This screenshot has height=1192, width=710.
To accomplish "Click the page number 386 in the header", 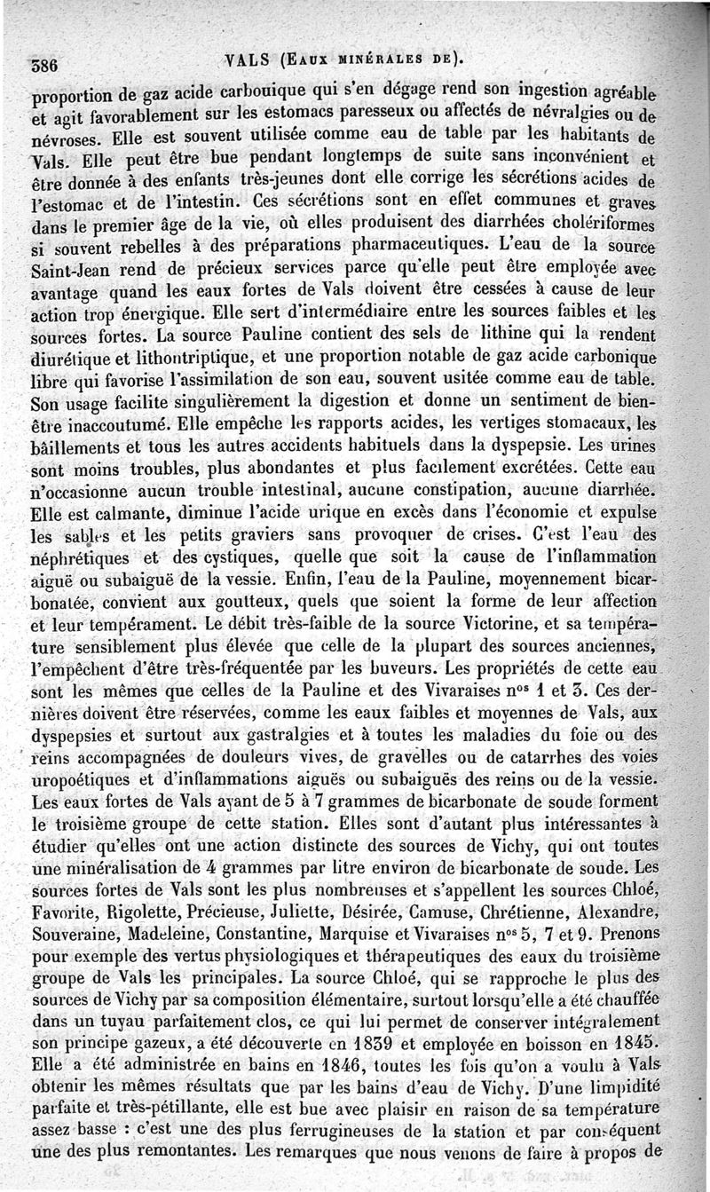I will (44, 65).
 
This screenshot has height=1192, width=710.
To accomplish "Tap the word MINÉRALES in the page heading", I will (373, 60).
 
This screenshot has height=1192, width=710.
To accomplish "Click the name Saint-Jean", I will (68, 266).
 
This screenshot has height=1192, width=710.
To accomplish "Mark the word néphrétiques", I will (82, 559).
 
